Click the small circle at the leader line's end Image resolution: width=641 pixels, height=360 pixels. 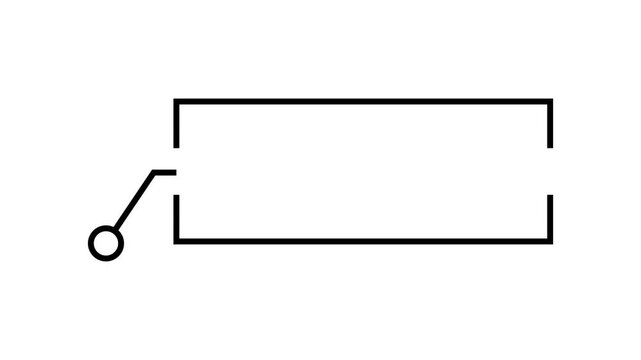(105, 243)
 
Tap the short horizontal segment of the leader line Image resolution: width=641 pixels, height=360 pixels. (165, 172)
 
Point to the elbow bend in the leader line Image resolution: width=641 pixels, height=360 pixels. (154, 172)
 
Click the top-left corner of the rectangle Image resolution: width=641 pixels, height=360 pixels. (176, 101)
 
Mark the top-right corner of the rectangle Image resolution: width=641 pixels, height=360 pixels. (550, 101)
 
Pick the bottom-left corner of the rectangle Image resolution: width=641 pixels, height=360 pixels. (176, 241)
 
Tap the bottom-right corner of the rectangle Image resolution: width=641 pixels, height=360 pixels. (550, 241)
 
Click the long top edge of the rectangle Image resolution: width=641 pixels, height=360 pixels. (363, 101)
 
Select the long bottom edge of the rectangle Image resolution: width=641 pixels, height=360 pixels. (363, 241)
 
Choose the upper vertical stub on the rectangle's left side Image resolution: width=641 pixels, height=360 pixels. (176, 124)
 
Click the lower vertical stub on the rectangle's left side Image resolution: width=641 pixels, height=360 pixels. (176, 218)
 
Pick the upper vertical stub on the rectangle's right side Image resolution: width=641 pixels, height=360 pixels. (550, 124)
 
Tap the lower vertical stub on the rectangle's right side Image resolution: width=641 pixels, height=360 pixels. (550, 218)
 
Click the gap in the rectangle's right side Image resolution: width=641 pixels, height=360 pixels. (550, 171)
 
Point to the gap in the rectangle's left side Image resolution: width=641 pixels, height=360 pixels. (176, 171)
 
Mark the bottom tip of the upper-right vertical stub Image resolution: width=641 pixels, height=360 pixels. (550, 147)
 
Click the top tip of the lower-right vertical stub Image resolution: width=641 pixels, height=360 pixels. (550, 196)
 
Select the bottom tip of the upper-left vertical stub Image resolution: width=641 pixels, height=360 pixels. (176, 147)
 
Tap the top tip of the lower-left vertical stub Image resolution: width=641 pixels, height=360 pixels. (176, 196)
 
